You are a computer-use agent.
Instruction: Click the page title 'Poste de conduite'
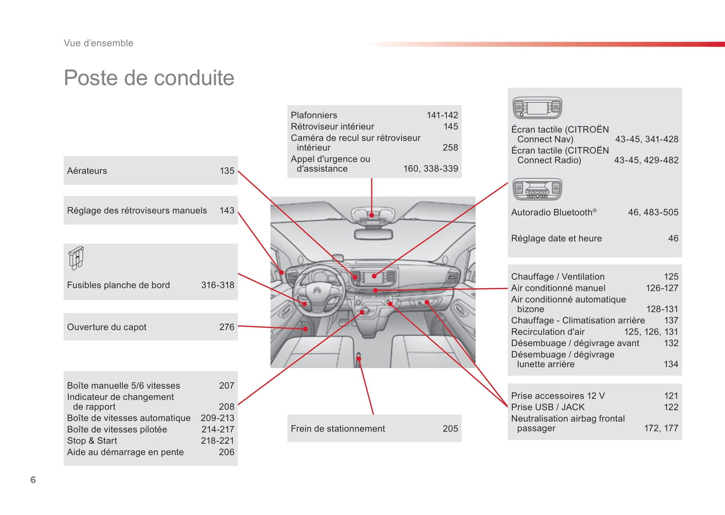[149, 78]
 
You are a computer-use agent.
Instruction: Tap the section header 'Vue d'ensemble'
[98, 43]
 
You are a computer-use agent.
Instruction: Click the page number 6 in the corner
[33, 480]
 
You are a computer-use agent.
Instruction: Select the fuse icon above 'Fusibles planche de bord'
[76, 258]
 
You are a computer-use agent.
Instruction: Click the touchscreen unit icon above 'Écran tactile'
[537, 108]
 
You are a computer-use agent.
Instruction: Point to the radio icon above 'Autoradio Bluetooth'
[537, 189]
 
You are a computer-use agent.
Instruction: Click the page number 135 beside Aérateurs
[227, 171]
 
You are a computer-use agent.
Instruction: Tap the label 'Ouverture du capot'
[107, 327]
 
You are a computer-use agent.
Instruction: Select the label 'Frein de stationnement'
[338, 429]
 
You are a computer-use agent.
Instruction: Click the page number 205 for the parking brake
[450, 429]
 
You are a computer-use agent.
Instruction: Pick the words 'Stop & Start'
[92, 441]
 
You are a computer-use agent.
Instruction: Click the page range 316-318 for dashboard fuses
[218, 285]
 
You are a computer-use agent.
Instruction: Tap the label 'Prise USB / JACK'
[548, 407]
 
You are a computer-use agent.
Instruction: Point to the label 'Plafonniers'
[314, 115]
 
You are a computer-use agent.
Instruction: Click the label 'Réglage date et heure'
[556, 238]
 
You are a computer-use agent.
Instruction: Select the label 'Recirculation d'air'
[548, 332]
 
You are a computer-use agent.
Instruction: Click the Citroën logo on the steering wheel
[317, 290]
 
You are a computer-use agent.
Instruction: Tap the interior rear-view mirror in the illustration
[373, 234]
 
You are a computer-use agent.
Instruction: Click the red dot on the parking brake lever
[359, 358]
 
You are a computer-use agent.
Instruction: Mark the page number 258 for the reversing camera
[450, 148]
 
